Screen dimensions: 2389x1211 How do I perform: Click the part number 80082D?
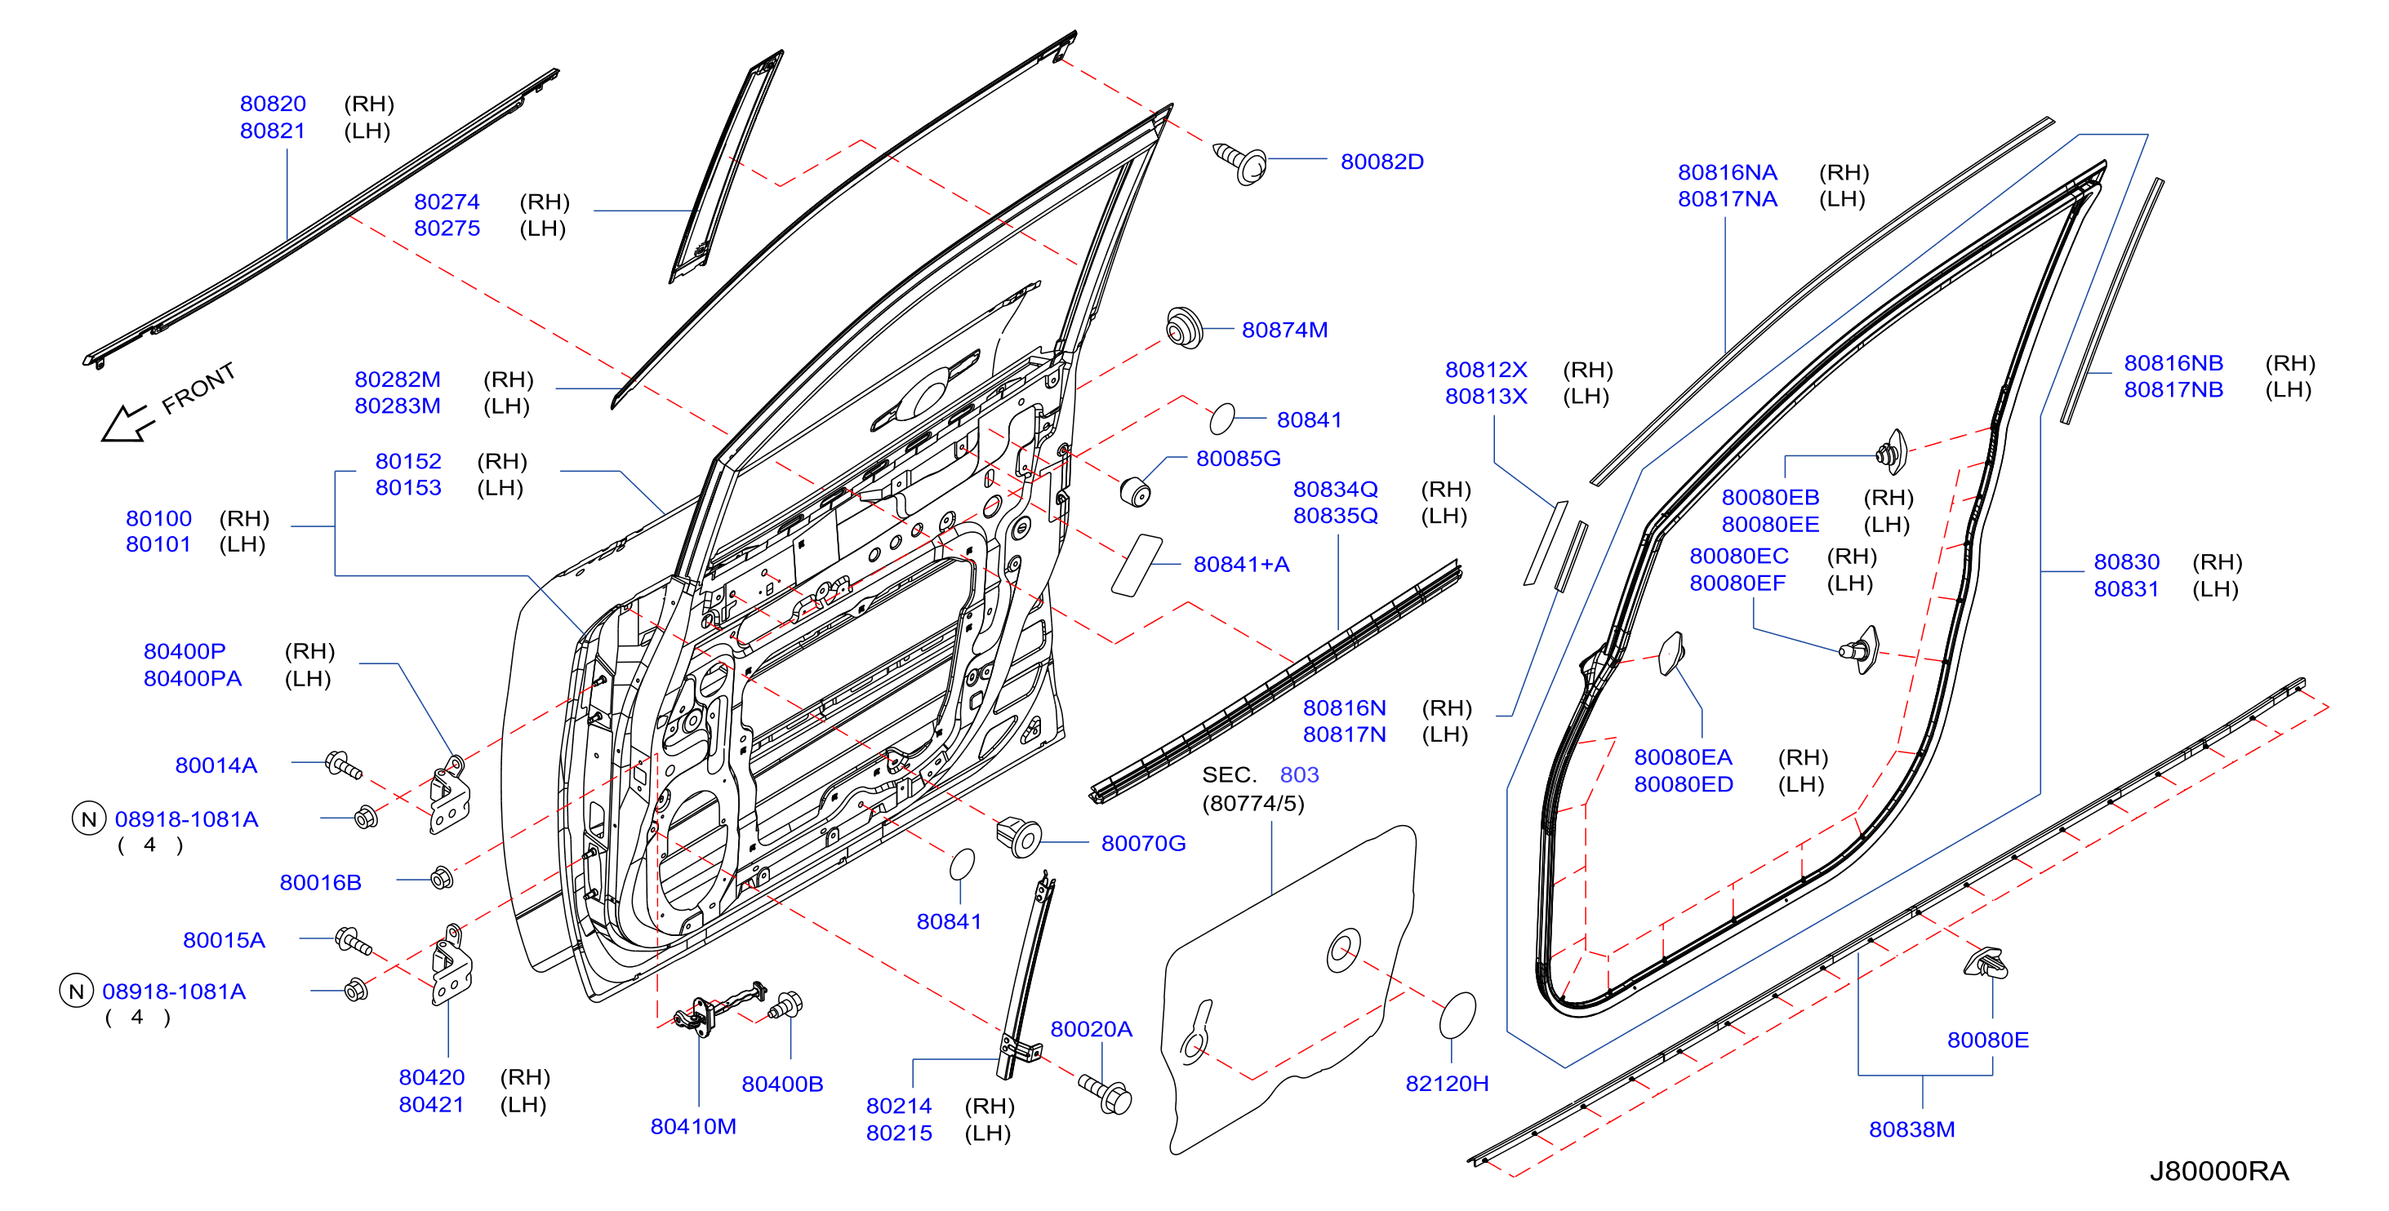point(1381,162)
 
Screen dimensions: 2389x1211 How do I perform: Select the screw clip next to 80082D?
point(1241,163)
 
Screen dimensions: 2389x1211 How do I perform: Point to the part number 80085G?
point(1238,458)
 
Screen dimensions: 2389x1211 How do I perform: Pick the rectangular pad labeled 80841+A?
point(1136,565)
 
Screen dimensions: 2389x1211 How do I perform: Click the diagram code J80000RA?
point(2219,1171)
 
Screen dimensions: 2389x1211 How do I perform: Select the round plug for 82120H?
point(1457,1015)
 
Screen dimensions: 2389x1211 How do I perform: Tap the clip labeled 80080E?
point(1986,965)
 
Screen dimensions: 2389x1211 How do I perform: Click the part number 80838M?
point(1911,1129)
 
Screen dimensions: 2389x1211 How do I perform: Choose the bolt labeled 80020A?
point(1106,1095)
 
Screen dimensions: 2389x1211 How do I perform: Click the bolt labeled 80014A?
point(343,765)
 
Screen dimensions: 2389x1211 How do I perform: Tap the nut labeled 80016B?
point(443,877)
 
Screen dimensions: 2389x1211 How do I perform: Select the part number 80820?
point(273,104)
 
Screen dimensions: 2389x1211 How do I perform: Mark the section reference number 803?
point(1298,774)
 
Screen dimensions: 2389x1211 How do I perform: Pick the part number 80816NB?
point(2173,362)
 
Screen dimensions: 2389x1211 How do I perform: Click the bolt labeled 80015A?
point(354,941)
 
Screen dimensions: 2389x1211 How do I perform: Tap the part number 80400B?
point(782,1084)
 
